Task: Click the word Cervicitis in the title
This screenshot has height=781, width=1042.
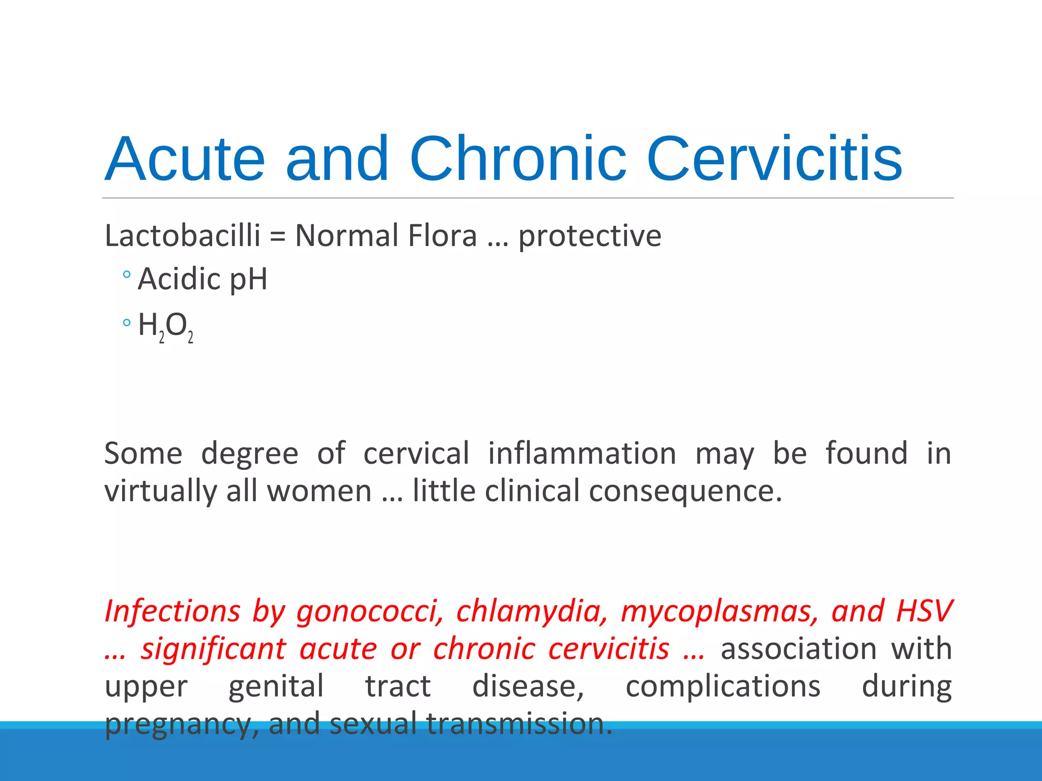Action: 774,159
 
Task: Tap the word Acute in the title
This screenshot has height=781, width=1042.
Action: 185,159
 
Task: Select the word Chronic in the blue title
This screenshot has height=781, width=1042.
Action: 517,159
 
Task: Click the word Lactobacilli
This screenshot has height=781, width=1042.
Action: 182,236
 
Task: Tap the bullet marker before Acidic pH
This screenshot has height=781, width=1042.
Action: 127,275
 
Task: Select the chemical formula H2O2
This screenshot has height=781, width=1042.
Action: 165,326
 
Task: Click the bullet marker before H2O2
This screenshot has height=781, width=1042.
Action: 127,322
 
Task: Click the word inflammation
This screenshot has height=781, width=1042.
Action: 582,453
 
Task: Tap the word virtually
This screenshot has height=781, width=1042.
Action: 161,491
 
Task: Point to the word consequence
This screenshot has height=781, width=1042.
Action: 633,491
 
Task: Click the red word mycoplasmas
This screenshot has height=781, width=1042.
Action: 719,611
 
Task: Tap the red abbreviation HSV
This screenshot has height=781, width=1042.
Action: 924,610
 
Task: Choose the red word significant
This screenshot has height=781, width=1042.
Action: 214,649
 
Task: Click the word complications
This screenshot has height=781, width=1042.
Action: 722,686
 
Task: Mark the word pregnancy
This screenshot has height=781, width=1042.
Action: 177,724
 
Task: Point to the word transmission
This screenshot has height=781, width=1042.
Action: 519,723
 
